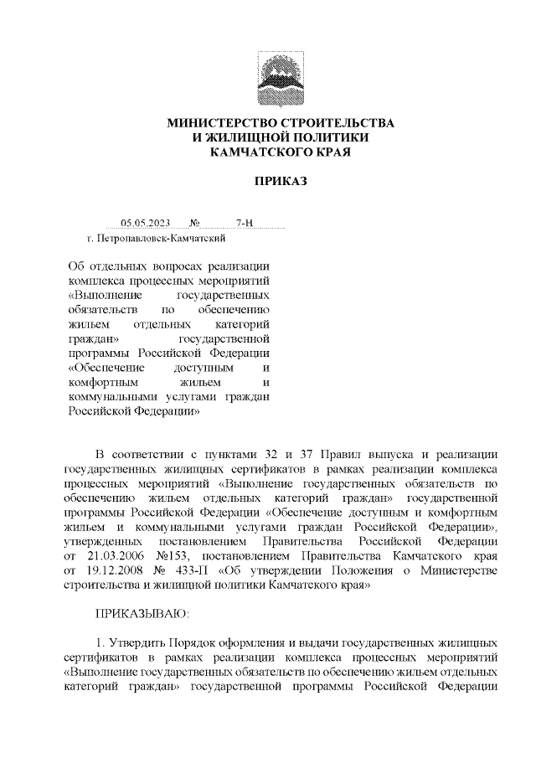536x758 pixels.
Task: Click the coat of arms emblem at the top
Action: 281,78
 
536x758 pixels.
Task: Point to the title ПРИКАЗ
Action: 281,181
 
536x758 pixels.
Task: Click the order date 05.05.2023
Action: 145,223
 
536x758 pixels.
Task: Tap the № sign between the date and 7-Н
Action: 195,223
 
